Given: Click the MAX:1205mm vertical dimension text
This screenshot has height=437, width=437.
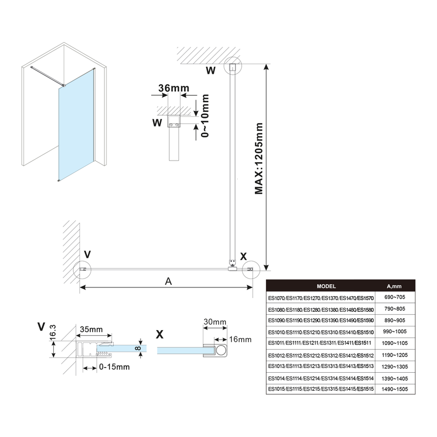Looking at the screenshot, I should pyautogui.click(x=258, y=158).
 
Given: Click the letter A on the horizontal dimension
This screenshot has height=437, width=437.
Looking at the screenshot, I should pyautogui.click(x=168, y=281).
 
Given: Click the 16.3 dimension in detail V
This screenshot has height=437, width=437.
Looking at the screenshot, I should pyautogui.click(x=53, y=333).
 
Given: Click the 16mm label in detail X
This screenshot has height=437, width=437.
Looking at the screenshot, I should pyautogui.click(x=240, y=340).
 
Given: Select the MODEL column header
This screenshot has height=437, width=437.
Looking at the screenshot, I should pyautogui.click(x=326, y=286).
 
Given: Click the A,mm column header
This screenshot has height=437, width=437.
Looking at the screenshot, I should pyautogui.click(x=394, y=286).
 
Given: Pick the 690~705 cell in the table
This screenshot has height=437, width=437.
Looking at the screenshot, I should pyautogui.click(x=394, y=299).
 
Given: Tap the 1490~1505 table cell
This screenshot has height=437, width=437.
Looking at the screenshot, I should pyautogui.click(x=394, y=389).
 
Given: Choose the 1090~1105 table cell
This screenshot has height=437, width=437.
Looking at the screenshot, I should pyautogui.click(x=394, y=344).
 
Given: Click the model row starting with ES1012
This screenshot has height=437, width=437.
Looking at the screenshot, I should pyautogui.click(x=321, y=355).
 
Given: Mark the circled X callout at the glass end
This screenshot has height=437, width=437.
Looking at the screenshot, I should pyautogui.click(x=250, y=269).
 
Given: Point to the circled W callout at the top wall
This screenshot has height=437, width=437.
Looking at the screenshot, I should pyautogui.click(x=232, y=67).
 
